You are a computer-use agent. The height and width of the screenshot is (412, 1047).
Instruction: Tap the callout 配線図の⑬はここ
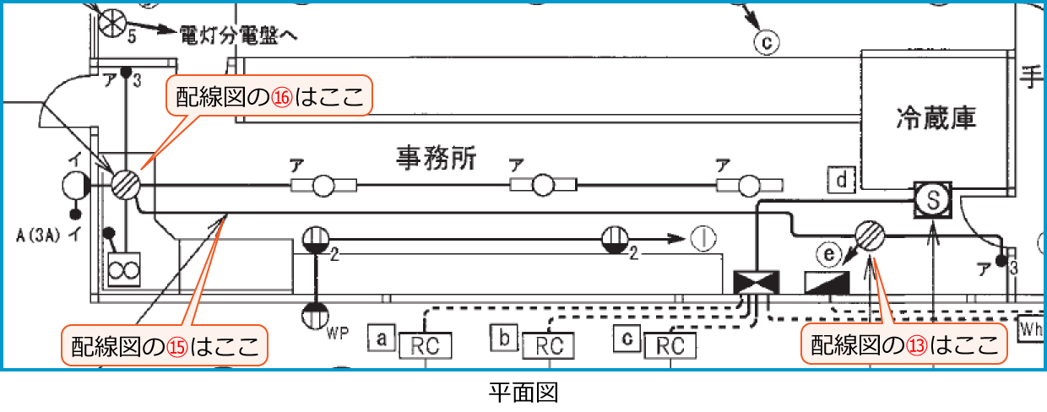pyautogui.click(x=904, y=344)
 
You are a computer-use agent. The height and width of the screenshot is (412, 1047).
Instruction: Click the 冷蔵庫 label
pyautogui.click(x=935, y=118)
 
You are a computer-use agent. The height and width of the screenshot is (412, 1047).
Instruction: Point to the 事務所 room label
pyautogui.click(x=437, y=158)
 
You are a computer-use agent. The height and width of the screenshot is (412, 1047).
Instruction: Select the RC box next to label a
pyautogui.click(x=427, y=345)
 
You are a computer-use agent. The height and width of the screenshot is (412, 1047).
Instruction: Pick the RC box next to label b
pyautogui.click(x=549, y=345)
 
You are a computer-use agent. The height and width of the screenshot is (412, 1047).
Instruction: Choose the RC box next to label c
pyautogui.click(x=670, y=345)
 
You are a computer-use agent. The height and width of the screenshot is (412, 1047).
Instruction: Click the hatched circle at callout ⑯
pyautogui.click(x=126, y=184)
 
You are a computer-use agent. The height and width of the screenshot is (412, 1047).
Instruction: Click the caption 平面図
pyautogui.click(x=523, y=393)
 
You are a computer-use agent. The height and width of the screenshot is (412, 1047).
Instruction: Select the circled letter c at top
pyautogui.click(x=765, y=40)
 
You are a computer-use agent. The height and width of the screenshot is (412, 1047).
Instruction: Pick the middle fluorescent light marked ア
pyautogui.click(x=544, y=185)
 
